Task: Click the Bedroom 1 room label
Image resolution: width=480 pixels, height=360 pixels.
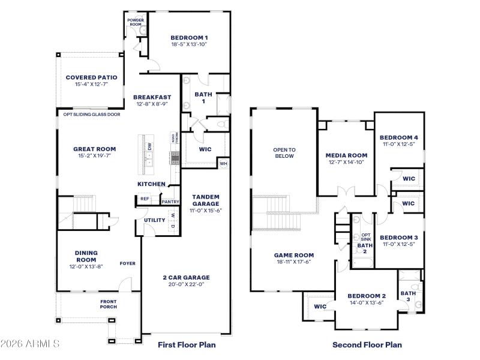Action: tap(189, 37)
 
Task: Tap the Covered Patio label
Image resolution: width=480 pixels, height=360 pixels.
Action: tap(91, 77)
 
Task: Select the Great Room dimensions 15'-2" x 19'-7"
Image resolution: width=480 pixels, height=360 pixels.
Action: tap(95, 156)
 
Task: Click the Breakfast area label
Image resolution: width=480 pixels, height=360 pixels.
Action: tap(152, 97)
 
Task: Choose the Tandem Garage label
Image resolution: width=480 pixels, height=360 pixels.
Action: tap(206, 200)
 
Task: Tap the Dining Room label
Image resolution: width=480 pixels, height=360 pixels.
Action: tap(86, 256)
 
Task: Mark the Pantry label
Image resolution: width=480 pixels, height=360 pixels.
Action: tap(170, 202)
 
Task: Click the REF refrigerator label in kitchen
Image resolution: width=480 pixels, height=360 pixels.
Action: tap(145, 199)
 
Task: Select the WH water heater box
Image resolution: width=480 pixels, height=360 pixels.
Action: tap(223, 163)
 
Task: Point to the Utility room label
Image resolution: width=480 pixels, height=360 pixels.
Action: tap(154, 220)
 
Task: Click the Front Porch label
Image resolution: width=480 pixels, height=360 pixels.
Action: tap(108, 304)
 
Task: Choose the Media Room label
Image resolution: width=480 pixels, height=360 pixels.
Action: tap(346, 155)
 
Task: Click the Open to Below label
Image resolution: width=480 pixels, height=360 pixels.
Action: tap(284, 153)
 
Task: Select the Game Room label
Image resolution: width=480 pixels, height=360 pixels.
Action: tap(294, 255)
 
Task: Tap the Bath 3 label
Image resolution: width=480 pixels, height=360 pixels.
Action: tap(412, 296)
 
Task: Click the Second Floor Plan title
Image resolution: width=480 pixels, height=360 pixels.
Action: tap(367, 345)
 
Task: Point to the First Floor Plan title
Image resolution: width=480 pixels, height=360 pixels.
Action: tap(187, 345)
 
